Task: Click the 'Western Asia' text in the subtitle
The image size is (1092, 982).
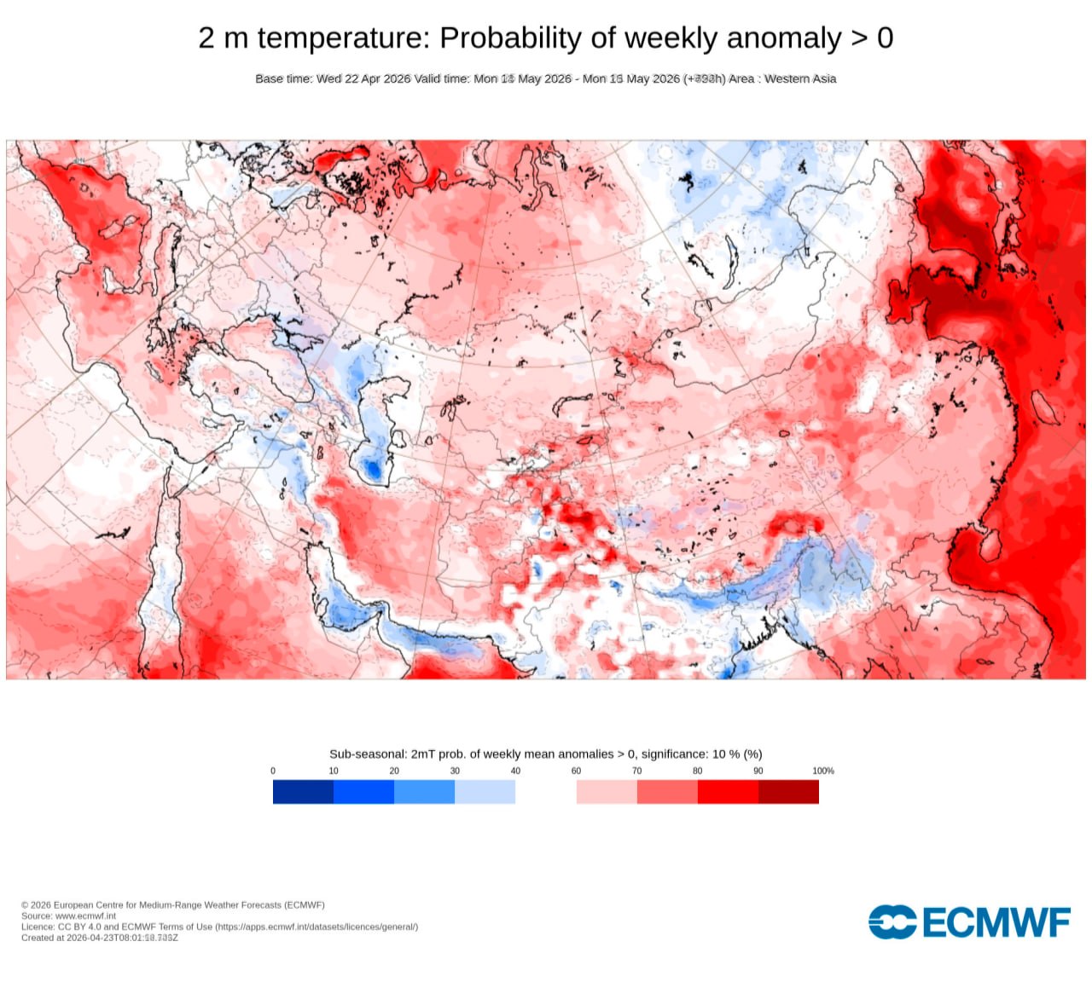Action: click(800, 78)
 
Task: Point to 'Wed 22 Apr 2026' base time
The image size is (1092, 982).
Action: click(363, 78)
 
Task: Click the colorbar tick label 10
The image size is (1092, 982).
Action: click(334, 771)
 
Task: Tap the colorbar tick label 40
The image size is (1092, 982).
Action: click(515, 771)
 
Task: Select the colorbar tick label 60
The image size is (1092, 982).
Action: click(576, 771)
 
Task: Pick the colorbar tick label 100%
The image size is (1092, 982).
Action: click(822, 771)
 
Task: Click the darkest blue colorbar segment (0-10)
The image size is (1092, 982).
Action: click(303, 792)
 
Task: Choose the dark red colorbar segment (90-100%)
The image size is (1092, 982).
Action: click(788, 792)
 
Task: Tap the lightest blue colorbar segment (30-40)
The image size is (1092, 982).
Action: click(485, 792)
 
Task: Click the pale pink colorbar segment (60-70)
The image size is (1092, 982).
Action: click(607, 792)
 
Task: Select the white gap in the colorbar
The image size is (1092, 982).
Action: click(546, 792)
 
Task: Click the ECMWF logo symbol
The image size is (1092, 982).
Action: click(892, 922)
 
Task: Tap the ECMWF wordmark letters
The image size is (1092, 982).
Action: click(996, 922)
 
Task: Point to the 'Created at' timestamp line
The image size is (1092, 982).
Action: click(100, 938)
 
